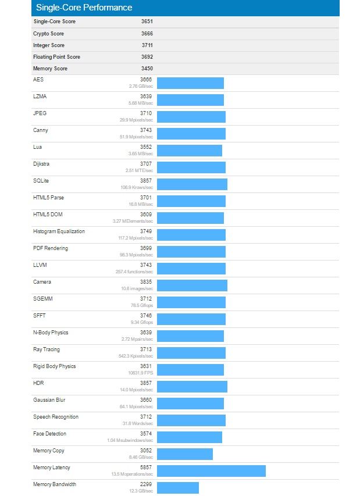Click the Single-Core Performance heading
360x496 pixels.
(x=84, y=8)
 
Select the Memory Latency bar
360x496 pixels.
(x=211, y=471)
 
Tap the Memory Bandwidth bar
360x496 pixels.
(x=178, y=488)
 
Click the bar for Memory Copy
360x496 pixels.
(x=185, y=454)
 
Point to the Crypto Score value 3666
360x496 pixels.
(x=147, y=34)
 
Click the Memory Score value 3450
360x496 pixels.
(x=147, y=69)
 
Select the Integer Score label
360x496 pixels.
(x=49, y=45)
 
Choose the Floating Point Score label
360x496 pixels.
(x=56, y=57)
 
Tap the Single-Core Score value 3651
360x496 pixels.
(x=147, y=22)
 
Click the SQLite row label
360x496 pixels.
(x=41, y=181)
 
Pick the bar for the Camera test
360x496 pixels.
(x=192, y=286)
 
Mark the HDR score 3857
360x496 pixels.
(x=147, y=383)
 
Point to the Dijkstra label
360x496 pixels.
(x=41, y=164)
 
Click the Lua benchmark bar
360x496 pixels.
(x=190, y=151)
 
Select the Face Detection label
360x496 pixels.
(x=49, y=434)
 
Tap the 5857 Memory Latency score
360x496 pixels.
(x=147, y=468)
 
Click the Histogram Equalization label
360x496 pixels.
(x=59, y=231)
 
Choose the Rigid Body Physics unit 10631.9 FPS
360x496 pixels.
(x=140, y=372)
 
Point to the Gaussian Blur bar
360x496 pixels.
(x=190, y=404)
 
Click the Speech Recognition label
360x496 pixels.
(x=56, y=417)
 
